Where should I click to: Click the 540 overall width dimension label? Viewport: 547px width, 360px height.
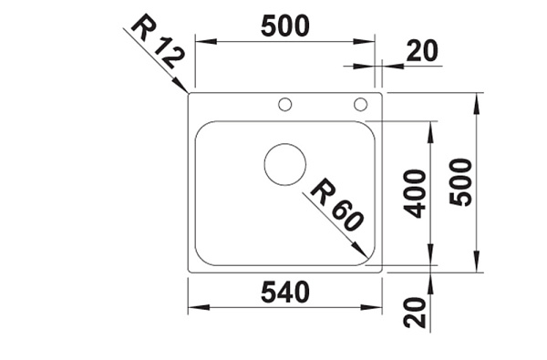click(285, 292)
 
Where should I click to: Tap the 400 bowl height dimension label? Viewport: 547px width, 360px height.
click(415, 193)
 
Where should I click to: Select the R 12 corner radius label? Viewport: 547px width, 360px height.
click(157, 42)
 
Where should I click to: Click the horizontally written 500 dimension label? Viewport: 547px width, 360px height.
click(285, 26)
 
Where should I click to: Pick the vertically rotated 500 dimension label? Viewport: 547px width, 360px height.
click(460, 181)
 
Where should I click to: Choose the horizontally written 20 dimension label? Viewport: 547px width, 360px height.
click(422, 51)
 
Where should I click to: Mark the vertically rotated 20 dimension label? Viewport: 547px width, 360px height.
click(415, 313)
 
